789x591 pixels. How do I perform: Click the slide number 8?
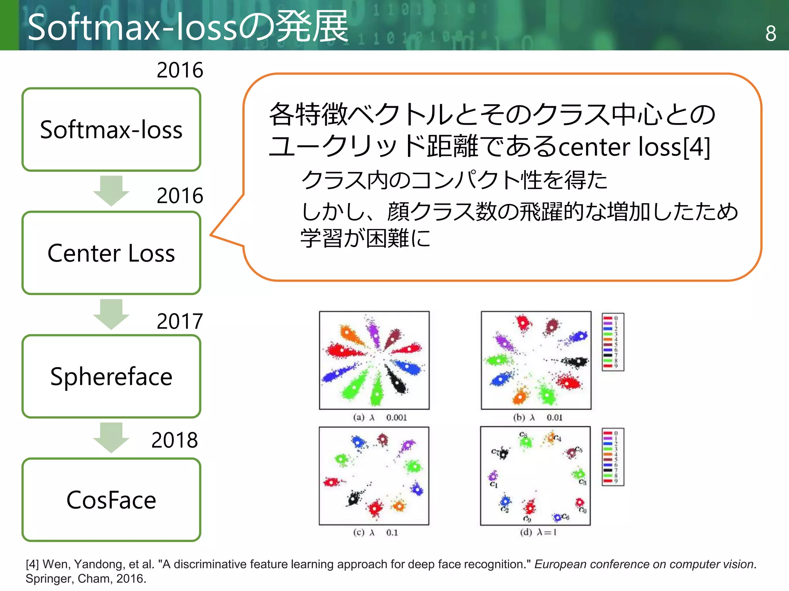[x=771, y=33]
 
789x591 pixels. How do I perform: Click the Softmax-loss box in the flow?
[x=111, y=130]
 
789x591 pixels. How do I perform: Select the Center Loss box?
[x=111, y=253]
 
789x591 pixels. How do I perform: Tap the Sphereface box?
[x=111, y=376]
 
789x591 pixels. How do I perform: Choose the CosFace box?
[x=111, y=500]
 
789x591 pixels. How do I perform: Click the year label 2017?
[x=180, y=321]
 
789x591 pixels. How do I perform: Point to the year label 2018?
[x=175, y=440]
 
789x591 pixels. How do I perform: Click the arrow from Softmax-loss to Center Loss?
[x=111, y=190]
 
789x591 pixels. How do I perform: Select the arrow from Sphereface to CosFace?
[x=111, y=437]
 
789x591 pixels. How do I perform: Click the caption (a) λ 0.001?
[x=380, y=417]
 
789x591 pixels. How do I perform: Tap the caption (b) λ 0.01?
[x=538, y=417]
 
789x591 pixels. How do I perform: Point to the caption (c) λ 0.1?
[x=375, y=533]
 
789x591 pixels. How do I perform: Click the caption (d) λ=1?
[x=538, y=533]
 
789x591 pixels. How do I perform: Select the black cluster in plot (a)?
[x=397, y=381]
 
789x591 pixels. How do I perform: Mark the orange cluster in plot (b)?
[x=520, y=396]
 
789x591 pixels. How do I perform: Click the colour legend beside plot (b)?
[x=613, y=342]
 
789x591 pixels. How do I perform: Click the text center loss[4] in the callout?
[x=634, y=147]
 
